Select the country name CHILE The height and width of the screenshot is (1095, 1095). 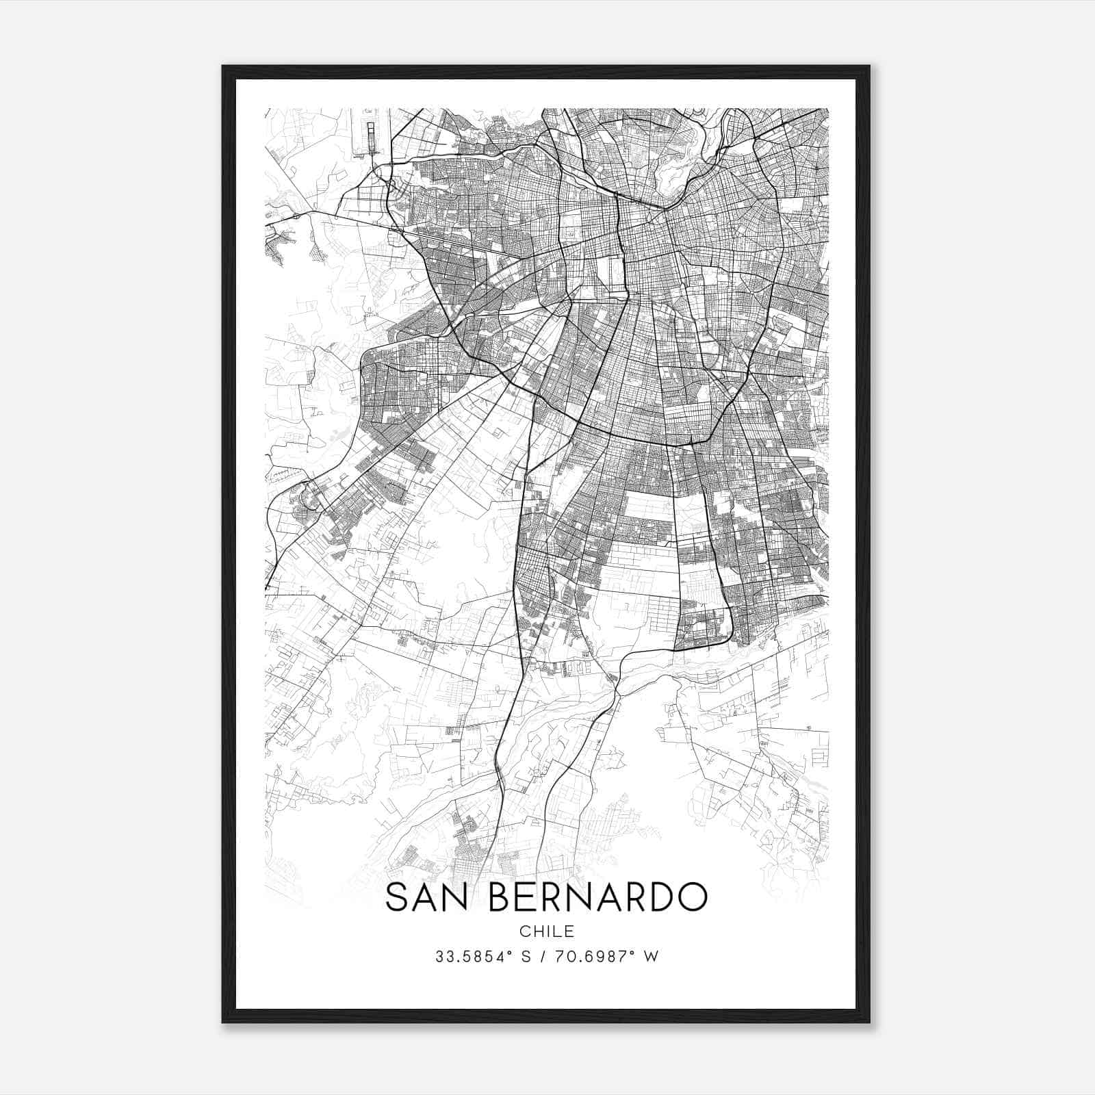click(x=547, y=931)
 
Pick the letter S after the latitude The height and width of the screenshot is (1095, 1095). click(x=526, y=957)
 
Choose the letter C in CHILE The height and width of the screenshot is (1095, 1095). click(x=524, y=931)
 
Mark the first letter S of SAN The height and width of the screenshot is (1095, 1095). click(x=397, y=897)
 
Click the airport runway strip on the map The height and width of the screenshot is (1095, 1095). click(x=371, y=136)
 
